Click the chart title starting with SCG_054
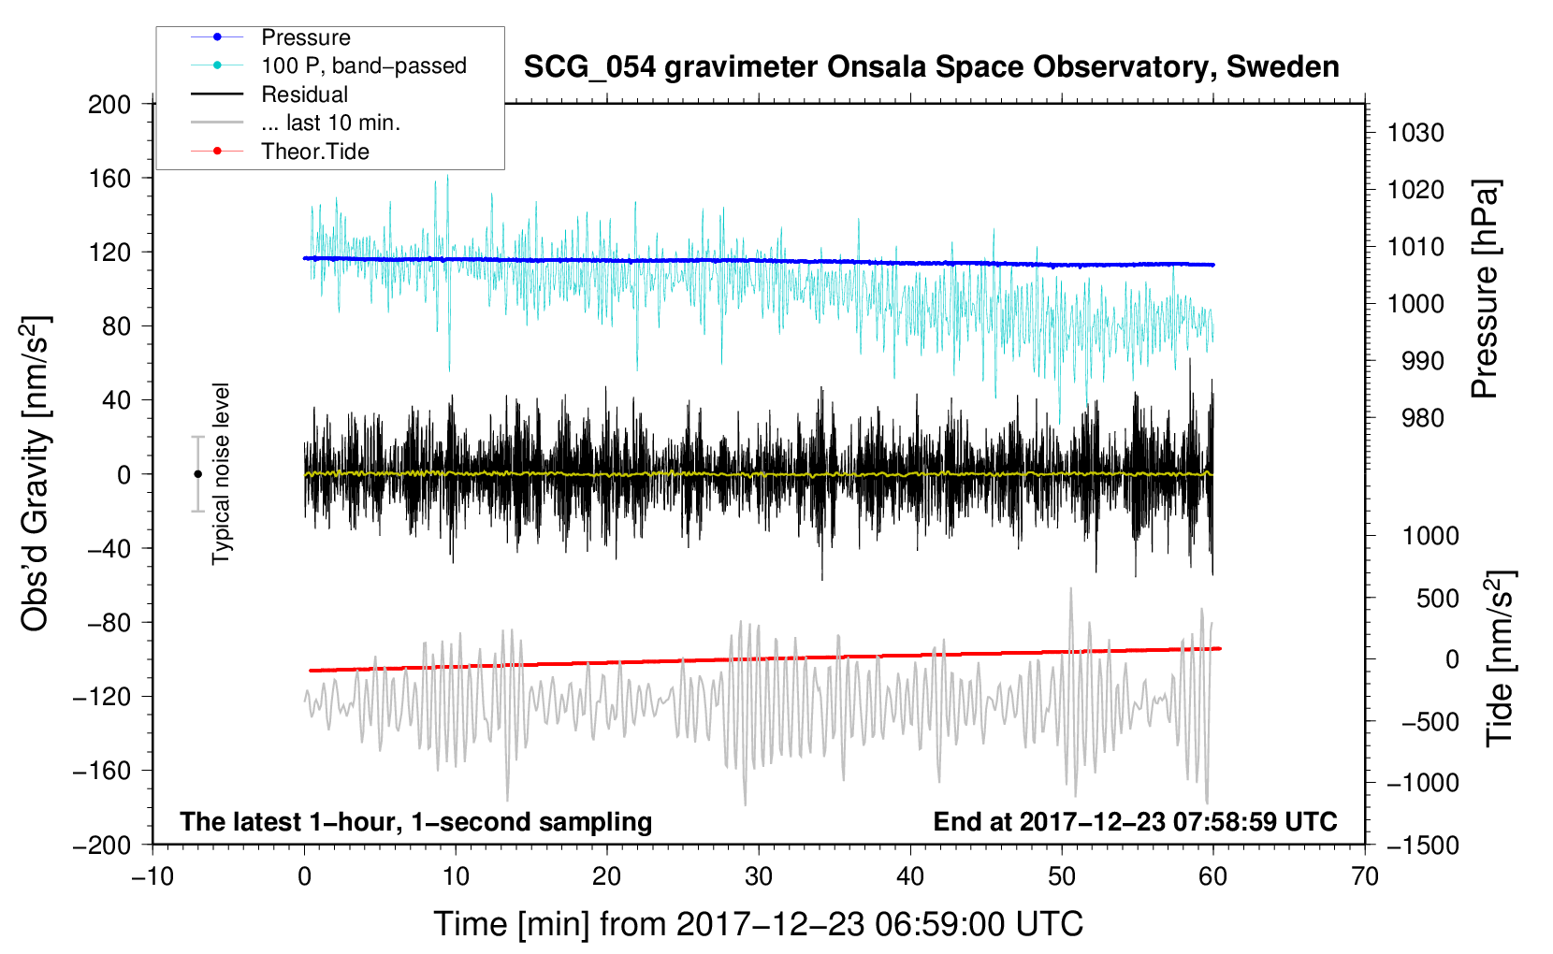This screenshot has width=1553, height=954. click(x=931, y=67)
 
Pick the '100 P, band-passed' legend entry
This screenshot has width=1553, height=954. click(x=328, y=65)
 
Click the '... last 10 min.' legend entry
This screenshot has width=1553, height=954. click(x=296, y=123)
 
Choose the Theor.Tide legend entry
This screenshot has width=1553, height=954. click(x=280, y=152)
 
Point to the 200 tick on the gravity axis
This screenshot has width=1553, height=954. click(x=109, y=105)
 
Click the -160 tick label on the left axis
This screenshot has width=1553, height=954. click(x=102, y=771)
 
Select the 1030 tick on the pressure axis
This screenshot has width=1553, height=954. click(x=1415, y=133)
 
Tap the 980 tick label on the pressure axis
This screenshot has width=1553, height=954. click(x=1423, y=418)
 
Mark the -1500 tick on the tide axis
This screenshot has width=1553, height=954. click(x=1423, y=846)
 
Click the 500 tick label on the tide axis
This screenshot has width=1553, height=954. click(x=1437, y=599)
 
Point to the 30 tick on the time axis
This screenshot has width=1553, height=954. click(x=759, y=877)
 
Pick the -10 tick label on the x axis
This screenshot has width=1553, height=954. click(x=152, y=877)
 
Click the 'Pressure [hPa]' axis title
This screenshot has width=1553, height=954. click(x=1485, y=289)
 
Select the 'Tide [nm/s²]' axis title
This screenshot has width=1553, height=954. click(x=1501, y=658)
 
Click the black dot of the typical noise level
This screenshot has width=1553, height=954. click(x=197, y=474)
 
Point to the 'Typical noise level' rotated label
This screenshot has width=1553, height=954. click(x=221, y=474)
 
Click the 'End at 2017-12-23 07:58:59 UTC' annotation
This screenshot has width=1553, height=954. click(x=1135, y=821)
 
